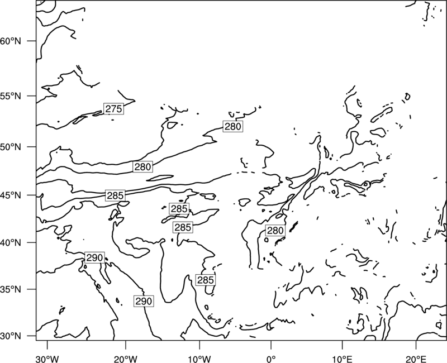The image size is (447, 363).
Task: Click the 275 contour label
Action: click(113, 108)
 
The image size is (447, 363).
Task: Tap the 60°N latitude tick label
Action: click(11, 41)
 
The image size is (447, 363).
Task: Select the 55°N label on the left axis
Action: click(11, 96)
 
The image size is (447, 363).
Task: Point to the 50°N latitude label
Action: click(11, 147)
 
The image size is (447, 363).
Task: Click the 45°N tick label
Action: click(11, 195)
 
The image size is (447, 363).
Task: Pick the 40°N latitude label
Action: click(11, 243)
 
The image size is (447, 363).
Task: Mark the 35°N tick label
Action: click(11, 289)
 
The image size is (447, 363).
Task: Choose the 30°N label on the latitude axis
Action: click(11, 336)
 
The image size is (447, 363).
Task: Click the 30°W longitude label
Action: click(47, 359)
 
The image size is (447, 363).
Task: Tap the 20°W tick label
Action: click(125, 359)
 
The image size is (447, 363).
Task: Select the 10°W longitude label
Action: click(199, 359)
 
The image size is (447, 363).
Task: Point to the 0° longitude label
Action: click(271, 359)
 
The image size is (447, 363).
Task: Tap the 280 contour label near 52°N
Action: click(233, 126)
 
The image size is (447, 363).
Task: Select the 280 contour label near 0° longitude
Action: click(275, 230)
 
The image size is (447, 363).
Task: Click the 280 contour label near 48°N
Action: click(142, 166)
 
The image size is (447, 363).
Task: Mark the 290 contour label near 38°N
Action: click(94, 257)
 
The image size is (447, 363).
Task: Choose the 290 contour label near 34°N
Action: click(144, 301)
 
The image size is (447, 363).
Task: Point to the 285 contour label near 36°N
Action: click(205, 280)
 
